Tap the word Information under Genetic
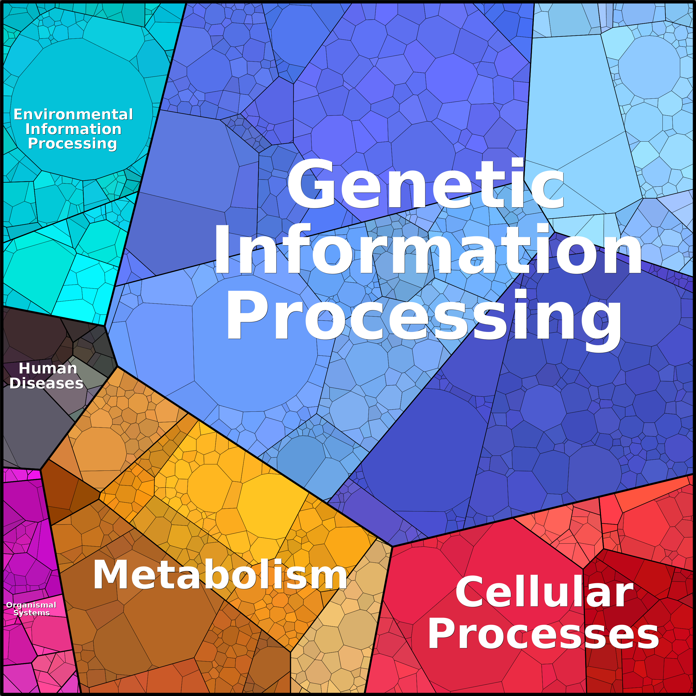[x=428, y=249]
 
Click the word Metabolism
[x=220, y=575]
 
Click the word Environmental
[x=73, y=114]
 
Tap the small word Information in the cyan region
[x=73, y=129]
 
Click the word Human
[x=48, y=368]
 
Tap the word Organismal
[x=31, y=605]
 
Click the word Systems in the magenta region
[x=31, y=613]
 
